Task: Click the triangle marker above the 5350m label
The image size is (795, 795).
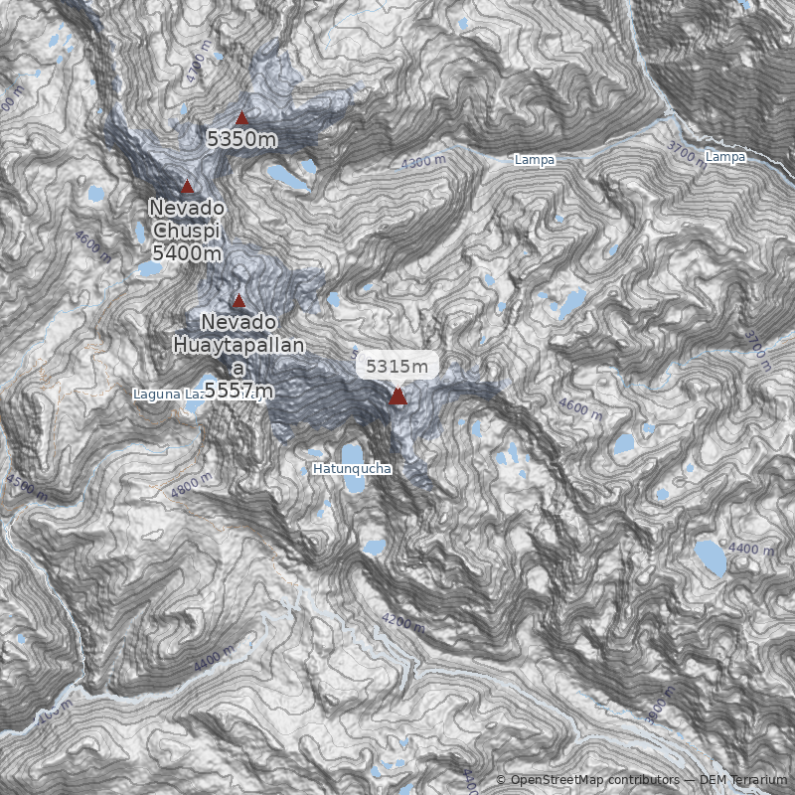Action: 241,119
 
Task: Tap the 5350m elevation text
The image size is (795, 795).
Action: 241,139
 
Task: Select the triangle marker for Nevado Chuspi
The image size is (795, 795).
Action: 187,187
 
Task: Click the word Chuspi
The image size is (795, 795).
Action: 187,231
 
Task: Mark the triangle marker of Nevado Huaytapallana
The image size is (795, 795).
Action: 238,301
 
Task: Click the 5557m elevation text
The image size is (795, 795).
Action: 238,390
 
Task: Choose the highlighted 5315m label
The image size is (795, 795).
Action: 397,366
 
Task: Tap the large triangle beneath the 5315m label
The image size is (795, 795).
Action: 397,397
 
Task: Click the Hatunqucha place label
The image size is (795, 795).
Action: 352,468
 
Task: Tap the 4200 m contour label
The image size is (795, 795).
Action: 402,623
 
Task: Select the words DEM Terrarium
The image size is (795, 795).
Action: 743,780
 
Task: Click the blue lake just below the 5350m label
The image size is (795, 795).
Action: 286,176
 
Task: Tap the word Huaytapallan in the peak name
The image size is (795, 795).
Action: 238,345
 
